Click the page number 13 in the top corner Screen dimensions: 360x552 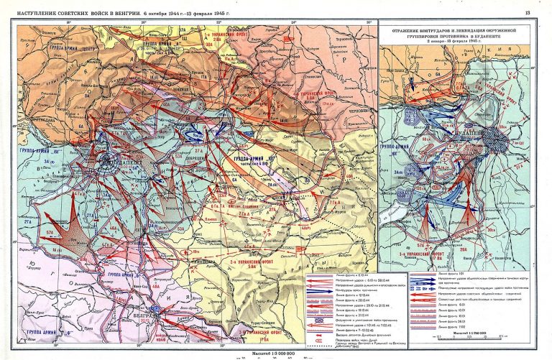tap(528, 12)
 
